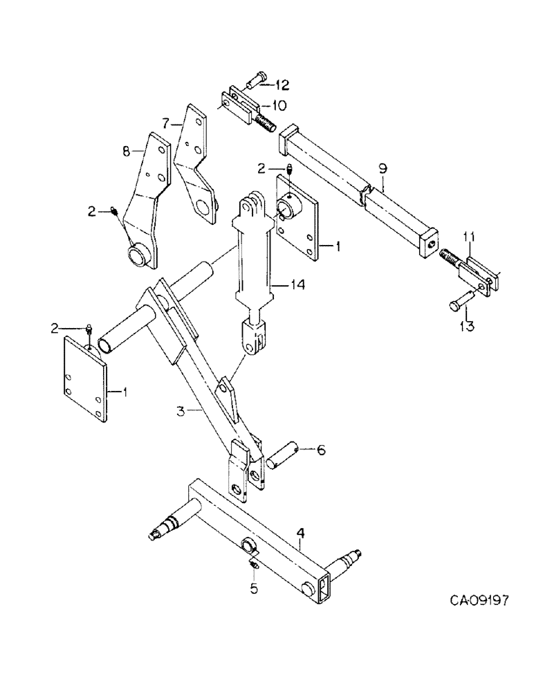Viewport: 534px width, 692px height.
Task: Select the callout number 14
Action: click(x=279, y=284)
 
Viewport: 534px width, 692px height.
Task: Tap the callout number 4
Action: click(x=300, y=534)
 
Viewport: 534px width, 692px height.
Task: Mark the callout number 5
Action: click(x=253, y=590)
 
